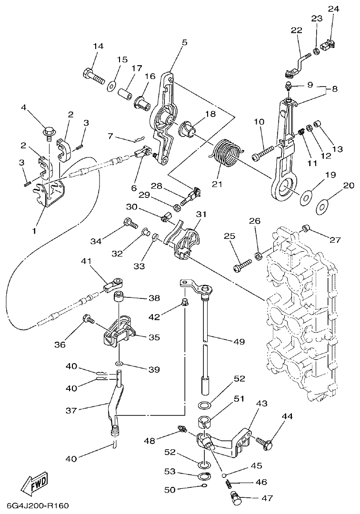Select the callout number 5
(184, 43)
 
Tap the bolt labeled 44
(265, 442)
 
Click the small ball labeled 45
(224, 474)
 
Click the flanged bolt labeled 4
(48, 129)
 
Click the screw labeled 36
(88, 319)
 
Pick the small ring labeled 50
(204, 486)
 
